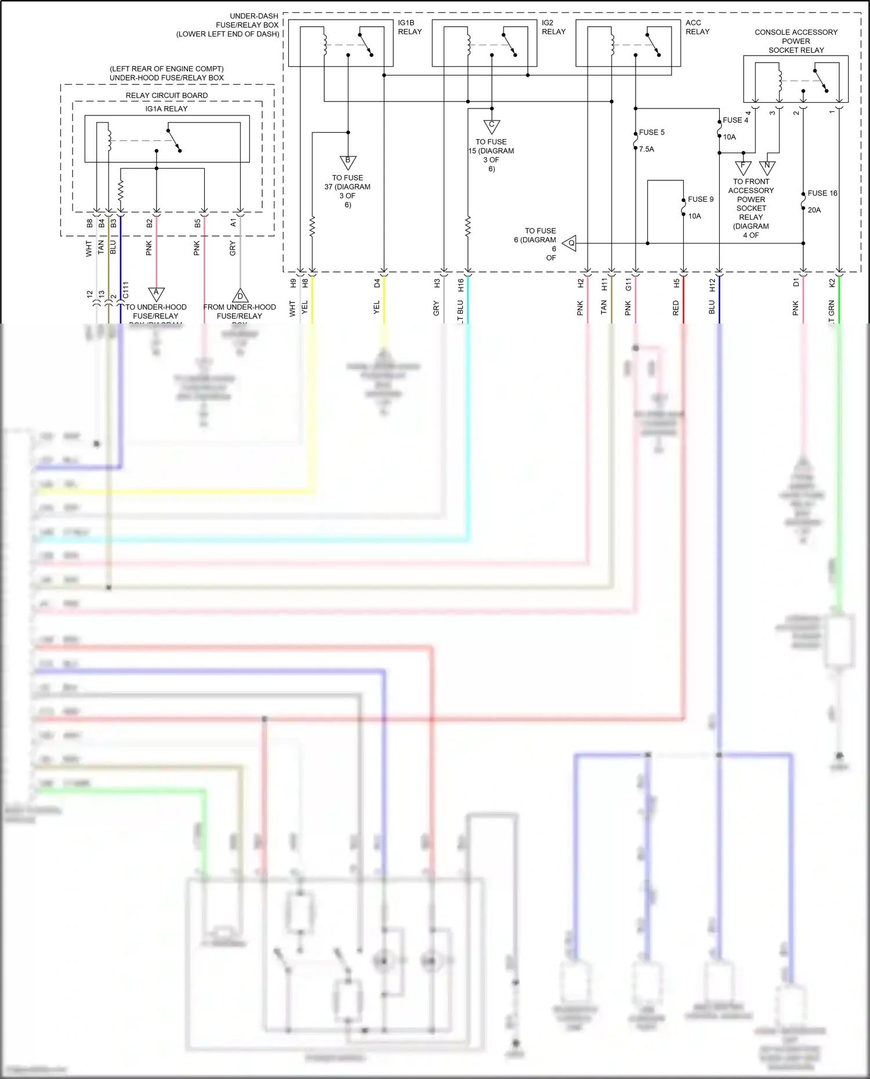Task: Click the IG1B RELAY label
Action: pyautogui.click(x=409, y=27)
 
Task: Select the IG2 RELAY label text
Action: pyautogui.click(x=553, y=27)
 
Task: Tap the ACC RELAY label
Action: pyautogui.click(x=697, y=27)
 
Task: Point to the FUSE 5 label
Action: pyautogui.click(x=651, y=132)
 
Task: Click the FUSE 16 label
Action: pyautogui.click(x=822, y=193)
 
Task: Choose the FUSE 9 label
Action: pyautogui.click(x=701, y=199)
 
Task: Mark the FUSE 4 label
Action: pyautogui.click(x=735, y=120)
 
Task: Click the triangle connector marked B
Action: pyautogui.click(x=348, y=162)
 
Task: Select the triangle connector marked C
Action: pyautogui.click(x=491, y=126)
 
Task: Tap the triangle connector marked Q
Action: pyautogui.click(x=570, y=244)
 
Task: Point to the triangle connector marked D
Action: pyautogui.click(x=240, y=296)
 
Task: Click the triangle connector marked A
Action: pyautogui.click(x=156, y=293)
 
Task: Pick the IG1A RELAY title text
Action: pyautogui.click(x=166, y=108)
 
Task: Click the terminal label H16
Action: pyautogui.click(x=461, y=285)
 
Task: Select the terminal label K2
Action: pyautogui.click(x=832, y=283)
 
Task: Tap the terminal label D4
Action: pyautogui.click(x=377, y=284)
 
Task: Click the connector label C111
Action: pyautogui.click(x=126, y=290)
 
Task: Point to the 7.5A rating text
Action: pyautogui.click(x=646, y=149)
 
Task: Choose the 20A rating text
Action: pyautogui.click(x=814, y=210)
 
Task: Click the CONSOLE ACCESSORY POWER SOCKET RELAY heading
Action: pyautogui.click(x=796, y=41)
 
